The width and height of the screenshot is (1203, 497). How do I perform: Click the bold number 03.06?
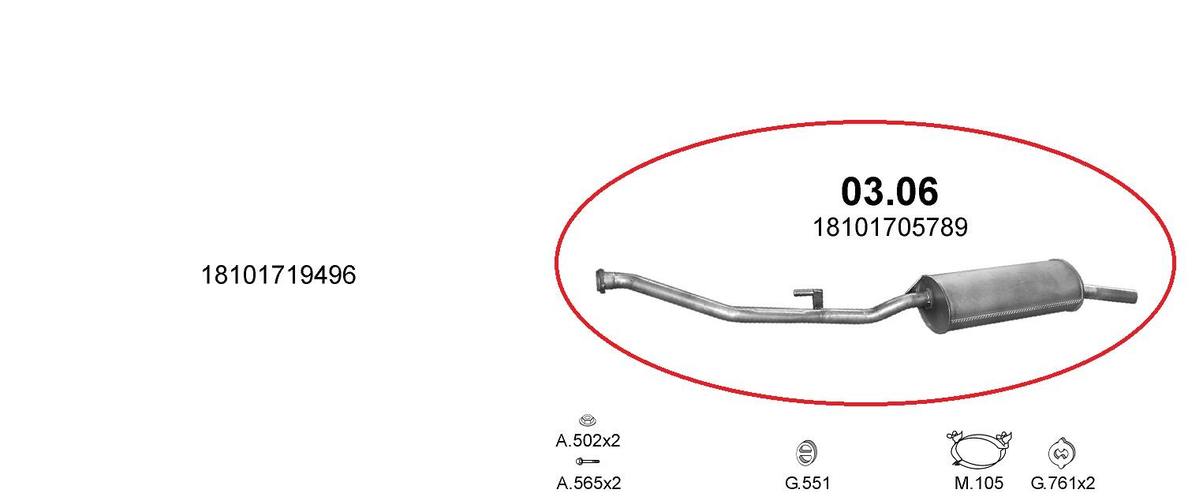click(x=889, y=191)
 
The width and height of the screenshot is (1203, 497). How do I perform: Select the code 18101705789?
click(x=890, y=227)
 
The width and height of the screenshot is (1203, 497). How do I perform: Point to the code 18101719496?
click(x=278, y=275)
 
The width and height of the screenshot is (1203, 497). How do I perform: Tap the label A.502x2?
click(x=588, y=440)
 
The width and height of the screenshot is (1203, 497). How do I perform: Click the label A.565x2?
click(x=588, y=483)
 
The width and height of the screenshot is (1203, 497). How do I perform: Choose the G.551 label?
click(x=808, y=483)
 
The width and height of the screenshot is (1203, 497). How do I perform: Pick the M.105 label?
click(x=978, y=483)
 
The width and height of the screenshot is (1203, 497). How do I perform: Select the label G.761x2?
click(x=1063, y=483)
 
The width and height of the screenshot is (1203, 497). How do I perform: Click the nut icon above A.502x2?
click(x=588, y=420)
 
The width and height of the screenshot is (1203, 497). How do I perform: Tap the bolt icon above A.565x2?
click(x=588, y=461)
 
